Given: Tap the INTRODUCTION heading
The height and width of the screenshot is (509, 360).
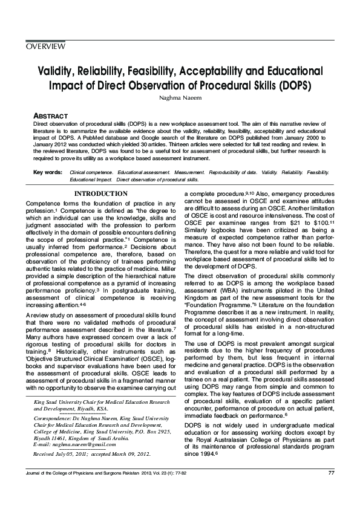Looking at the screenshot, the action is (x=100, y=193).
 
